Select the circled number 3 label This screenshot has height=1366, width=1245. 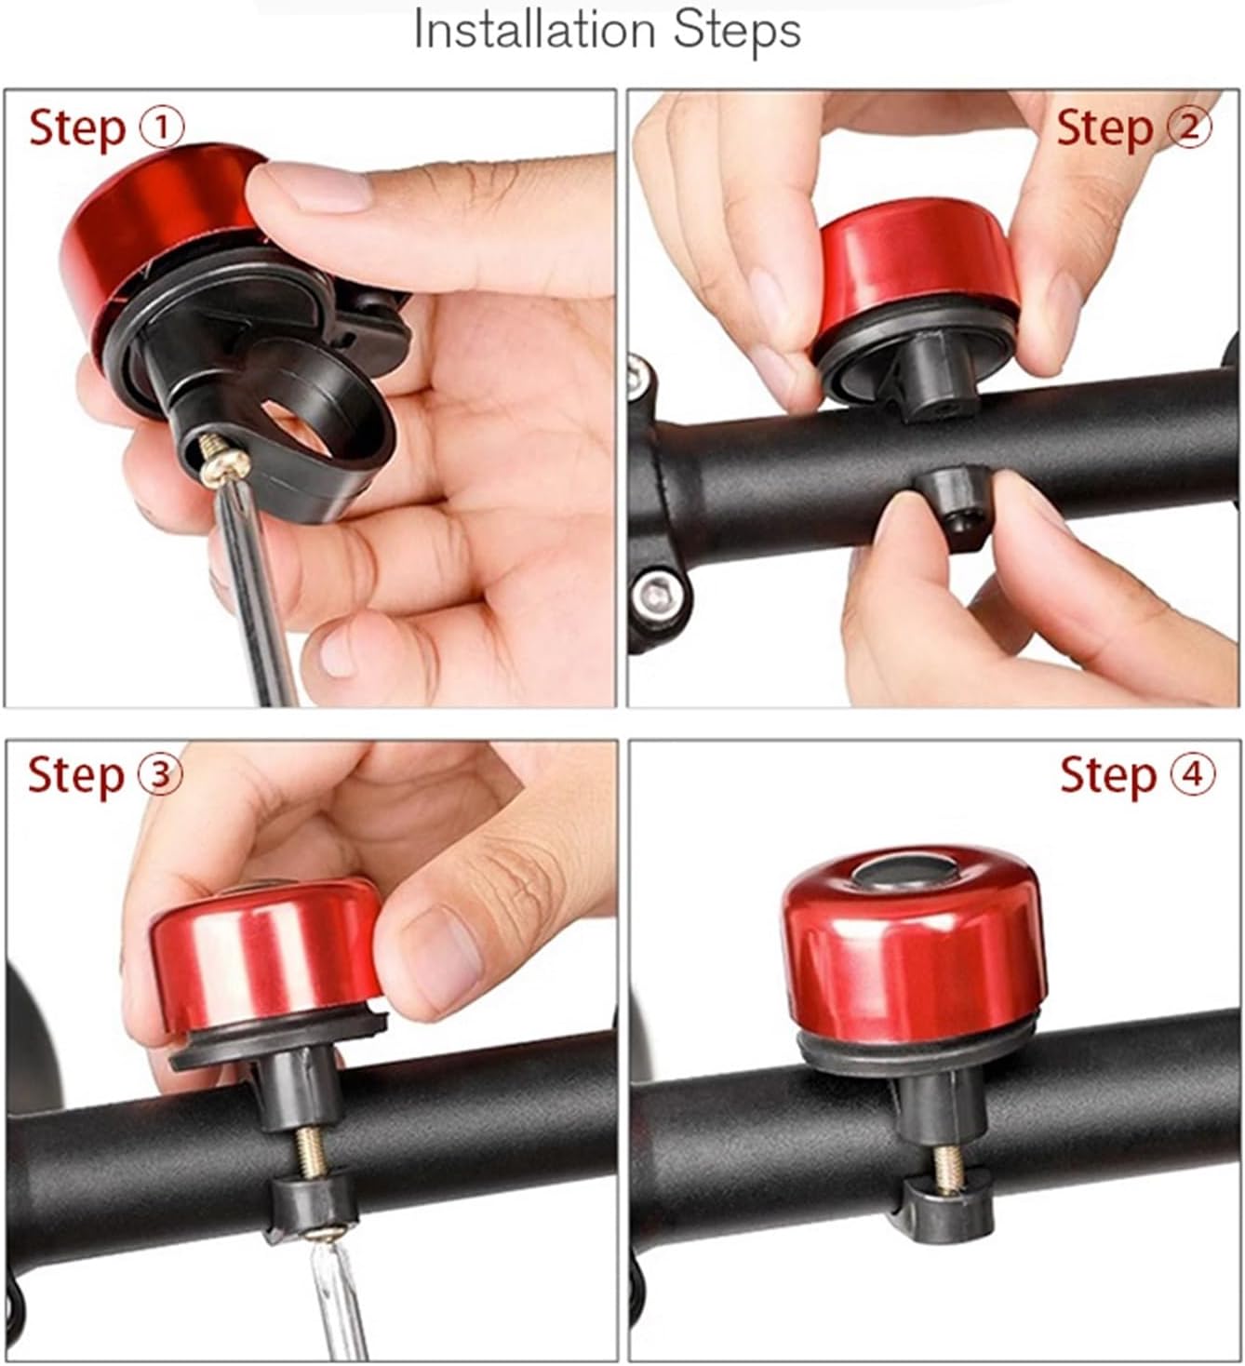[x=160, y=774]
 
